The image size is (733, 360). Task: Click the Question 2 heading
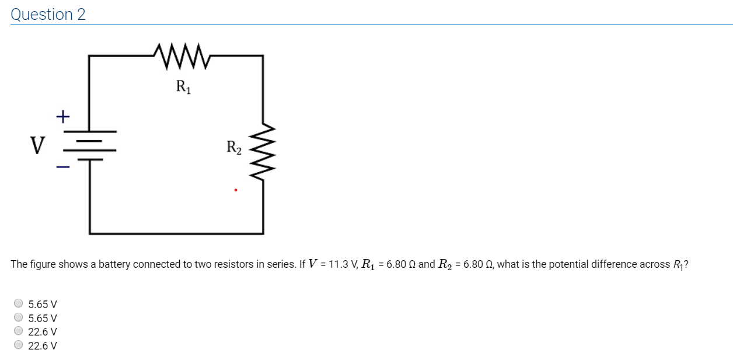[x=48, y=14]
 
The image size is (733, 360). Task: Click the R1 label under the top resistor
[x=183, y=88]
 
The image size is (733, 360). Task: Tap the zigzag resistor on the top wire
[x=181, y=54]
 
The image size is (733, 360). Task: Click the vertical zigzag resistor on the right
[x=263, y=152]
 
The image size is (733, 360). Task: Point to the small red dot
[x=235, y=190]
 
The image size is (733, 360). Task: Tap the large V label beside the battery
[x=38, y=145]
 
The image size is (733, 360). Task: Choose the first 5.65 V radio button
[x=19, y=303]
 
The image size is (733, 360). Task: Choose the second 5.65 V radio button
[x=19, y=317]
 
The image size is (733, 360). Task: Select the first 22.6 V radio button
[x=19, y=331]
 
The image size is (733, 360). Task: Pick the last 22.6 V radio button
[x=19, y=345]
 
